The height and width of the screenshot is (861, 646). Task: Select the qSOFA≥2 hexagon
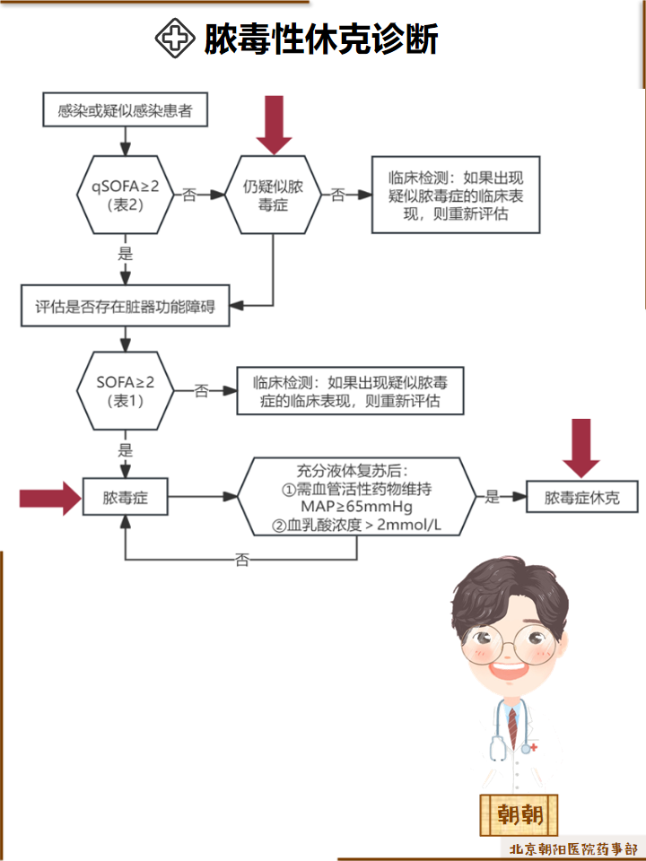pos(126,194)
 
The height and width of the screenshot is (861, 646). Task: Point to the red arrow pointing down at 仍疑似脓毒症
pos(275,125)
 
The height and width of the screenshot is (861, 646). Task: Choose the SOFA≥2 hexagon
pos(126,390)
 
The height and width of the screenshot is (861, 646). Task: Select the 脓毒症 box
pos(125,497)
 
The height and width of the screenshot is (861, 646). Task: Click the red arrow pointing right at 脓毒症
pos(49,497)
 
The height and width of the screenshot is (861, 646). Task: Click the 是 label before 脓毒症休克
pos(492,497)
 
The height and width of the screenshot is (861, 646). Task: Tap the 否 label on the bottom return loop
pos(242,560)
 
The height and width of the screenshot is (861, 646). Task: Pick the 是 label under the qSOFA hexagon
pos(126,254)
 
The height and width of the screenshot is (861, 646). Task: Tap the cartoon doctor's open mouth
pos(506,671)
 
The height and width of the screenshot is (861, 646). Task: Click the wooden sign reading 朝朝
pos(519,814)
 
